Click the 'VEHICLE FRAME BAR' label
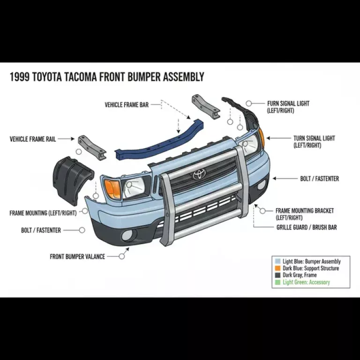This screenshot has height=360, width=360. (x=127, y=105)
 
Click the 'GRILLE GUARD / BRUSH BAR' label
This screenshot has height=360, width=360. (x=306, y=227)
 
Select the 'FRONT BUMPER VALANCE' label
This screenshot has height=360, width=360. (x=77, y=256)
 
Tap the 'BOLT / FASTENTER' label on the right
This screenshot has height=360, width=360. (x=319, y=179)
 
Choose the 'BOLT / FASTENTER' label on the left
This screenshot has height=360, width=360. (x=41, y=230)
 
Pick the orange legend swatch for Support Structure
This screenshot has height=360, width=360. (x=278, y=269)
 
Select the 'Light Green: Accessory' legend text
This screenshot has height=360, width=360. (x=306, y=282)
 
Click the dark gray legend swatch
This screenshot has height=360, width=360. (x=278, y=275)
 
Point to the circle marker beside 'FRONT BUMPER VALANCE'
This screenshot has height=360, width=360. (x=122, y=256)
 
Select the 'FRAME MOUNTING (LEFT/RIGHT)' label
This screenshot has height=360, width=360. (x=43, y=213)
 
